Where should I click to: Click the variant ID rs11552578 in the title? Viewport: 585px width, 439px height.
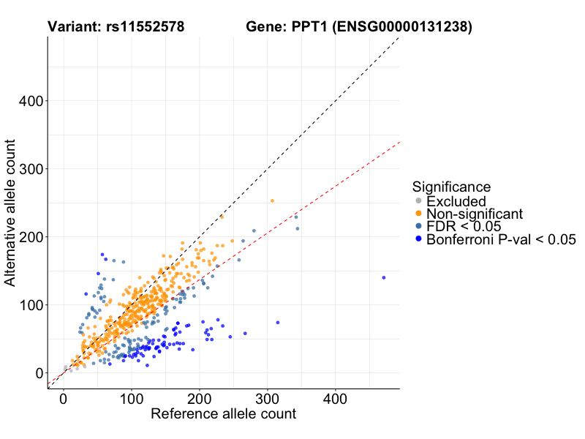(x=140, y=27)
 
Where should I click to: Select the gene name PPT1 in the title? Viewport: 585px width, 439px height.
(x=310, y=27)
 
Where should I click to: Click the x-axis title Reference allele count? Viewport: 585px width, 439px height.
(x=223, y=414)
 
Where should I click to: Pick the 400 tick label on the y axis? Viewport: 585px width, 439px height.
(x=31, y=101)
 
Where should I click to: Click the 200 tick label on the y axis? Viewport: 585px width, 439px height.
(x=31, y=237)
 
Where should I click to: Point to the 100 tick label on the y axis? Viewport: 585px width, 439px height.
(x=31, y=305)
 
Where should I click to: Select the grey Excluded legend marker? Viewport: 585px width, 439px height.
(x=418, y=201)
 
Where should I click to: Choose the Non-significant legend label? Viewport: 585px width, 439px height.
(x=475, y=214)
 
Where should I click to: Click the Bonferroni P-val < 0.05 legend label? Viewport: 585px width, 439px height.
(x=502, y=239)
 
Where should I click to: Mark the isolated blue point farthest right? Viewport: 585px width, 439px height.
(x=383, y=278)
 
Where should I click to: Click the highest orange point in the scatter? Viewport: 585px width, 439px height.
(x=272, y=200)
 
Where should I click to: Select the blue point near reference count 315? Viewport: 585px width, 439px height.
(x=277, y=323)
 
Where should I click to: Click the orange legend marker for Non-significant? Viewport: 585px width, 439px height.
(x=418, y=214)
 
